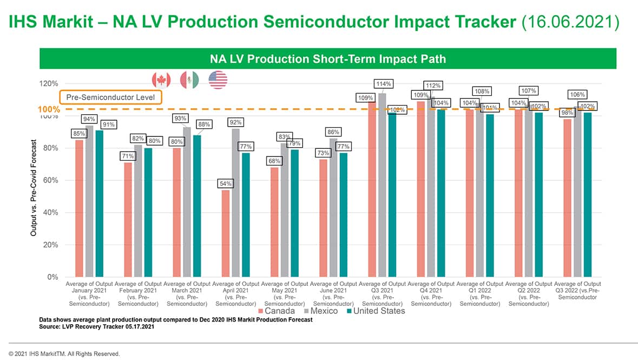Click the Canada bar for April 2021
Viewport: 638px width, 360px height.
(x=226, y=233)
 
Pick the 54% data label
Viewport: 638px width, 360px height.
(x=226, y=184)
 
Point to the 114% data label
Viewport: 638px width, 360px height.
(x=383, y=84)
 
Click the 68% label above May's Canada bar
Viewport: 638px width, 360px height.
(x=274, y=161)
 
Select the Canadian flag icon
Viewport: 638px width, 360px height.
(x=161, y=80)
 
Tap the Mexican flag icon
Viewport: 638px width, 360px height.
(x=189, y=80)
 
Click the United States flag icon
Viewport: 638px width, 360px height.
(x=218, y=80)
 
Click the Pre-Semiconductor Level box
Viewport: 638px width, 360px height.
(x=110, y=97)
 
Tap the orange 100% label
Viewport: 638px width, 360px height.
(x=49, y=110)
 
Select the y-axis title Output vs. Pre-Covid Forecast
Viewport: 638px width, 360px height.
(x=34, y=188)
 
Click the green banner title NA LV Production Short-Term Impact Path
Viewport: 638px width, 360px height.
(x=327, y=58)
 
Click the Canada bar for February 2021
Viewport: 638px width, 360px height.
(x=128, y=219)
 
